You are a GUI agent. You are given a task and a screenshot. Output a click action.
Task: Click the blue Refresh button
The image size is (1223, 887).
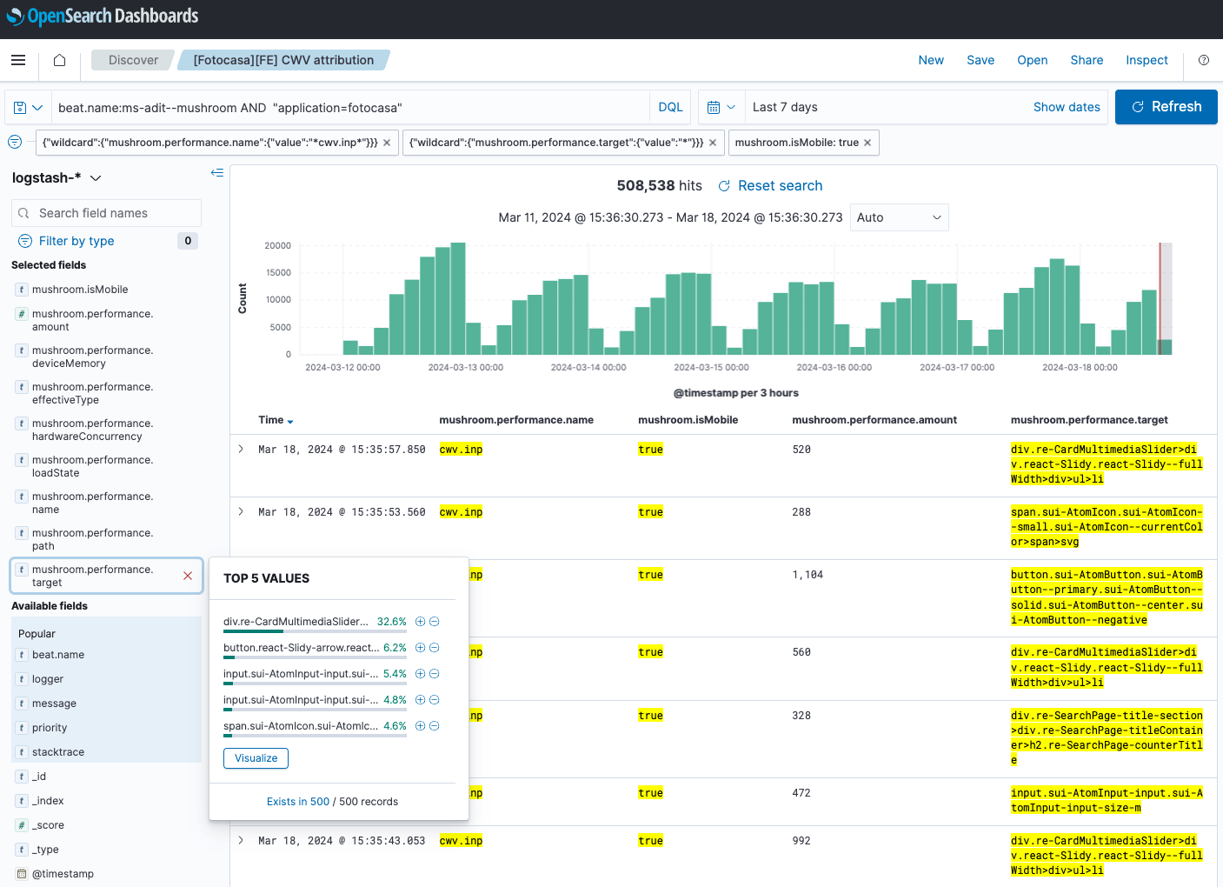coord(1166,107)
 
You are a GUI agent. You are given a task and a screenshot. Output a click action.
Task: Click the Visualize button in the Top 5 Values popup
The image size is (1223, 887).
coord(256,758)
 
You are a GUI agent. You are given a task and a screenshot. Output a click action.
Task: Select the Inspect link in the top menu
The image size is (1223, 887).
coord(1147,60)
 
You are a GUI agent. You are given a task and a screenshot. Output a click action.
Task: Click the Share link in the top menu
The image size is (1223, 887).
coord(1087,60)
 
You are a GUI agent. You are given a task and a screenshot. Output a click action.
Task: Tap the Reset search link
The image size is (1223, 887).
coord(779,186)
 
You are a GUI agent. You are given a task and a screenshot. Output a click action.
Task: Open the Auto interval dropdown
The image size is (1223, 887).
coord(898,217)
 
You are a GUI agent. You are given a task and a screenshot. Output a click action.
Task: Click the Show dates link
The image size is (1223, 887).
coord(1067,107)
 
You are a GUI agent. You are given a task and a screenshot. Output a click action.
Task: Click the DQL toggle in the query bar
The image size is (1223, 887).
coord(670,107)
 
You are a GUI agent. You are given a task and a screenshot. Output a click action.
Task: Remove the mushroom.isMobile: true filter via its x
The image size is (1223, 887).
coord(867,143)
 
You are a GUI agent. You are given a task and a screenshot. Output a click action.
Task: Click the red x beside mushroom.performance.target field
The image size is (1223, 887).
coord(188,576)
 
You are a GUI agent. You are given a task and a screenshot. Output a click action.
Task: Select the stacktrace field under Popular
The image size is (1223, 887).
coord(58,752)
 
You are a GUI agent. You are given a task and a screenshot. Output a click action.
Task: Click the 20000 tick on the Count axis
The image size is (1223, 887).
coord(278,246)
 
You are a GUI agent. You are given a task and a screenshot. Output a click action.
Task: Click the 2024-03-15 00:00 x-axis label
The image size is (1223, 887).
coord(711,368)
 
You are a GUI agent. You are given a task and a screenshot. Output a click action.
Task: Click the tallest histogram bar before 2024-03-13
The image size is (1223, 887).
coord(458,298)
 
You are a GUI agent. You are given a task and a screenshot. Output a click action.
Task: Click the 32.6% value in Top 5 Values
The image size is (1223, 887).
coord(391,622)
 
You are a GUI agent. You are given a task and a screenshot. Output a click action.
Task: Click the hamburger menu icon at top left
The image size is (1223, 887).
coord(18,60)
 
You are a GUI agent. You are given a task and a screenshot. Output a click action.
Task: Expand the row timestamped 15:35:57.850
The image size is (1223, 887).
coord(241,450)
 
